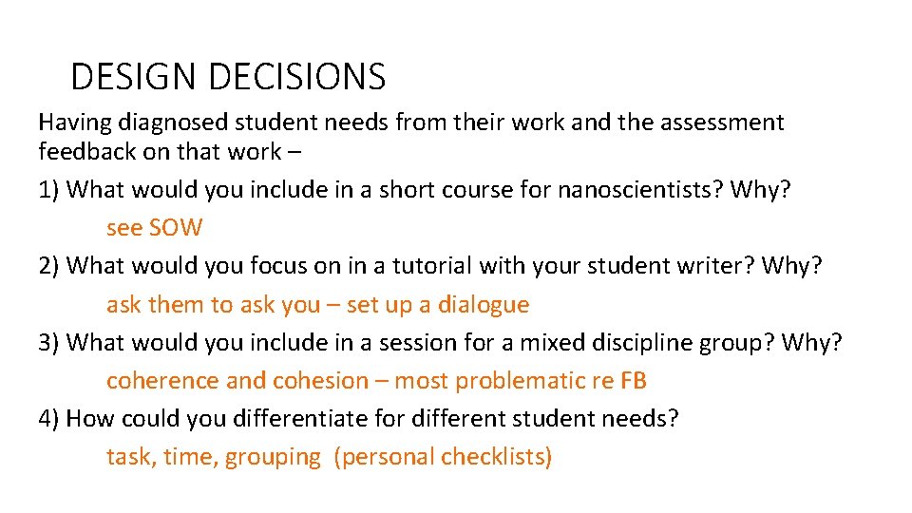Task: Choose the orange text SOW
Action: (x=176, y=228)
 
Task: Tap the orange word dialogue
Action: (x=483, y=305)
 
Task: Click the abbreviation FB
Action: (x=634, y=381)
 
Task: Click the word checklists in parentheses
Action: (x=496, y=457)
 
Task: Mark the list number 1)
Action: (x=49, y=189)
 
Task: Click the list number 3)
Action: (x=49, y=342)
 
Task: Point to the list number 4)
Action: (x=49, y=419)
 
